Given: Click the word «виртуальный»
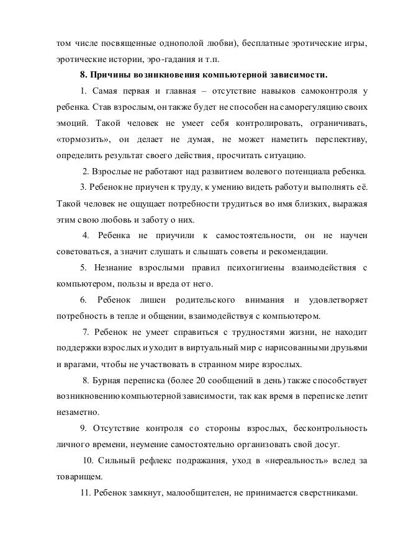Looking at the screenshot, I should tap(210, 348).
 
